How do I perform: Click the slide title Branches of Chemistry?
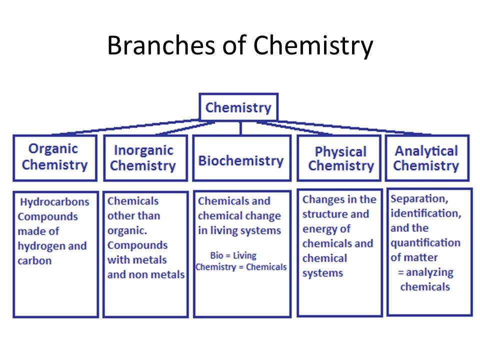click(240, 46)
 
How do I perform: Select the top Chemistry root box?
click(238, 107)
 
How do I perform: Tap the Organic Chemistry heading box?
click(54, 157)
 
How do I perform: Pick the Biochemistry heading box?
click(241, 160)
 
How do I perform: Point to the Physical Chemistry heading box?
click(340, 158)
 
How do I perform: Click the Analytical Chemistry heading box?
click(426, 158)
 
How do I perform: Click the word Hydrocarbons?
click(54, 202)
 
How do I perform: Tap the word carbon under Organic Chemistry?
click(34, 260)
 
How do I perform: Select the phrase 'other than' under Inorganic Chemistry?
click(133, 215)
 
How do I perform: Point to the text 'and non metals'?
click(145, 274)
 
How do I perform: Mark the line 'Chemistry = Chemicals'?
click(241, 266)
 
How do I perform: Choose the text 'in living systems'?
click(239, 230)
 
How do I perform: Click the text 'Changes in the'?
click(339, 199)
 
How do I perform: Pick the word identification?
click(425, 213)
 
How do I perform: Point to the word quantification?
click(425, 242)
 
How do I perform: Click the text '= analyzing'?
click(425, 272)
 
